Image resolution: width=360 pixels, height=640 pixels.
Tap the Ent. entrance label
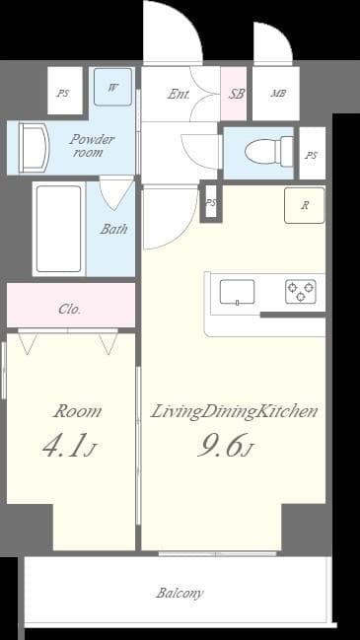[x=179, y=95]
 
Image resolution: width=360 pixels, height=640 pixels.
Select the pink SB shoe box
[x=236, y=95]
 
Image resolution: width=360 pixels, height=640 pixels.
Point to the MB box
[x=278, y=95]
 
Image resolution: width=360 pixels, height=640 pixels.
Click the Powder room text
[x=92, y=146]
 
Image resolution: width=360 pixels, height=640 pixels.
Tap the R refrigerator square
[x=305, y=206]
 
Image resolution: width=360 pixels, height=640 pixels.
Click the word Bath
[x=113, y=229]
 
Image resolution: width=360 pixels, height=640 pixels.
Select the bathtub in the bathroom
[x=58, y=229]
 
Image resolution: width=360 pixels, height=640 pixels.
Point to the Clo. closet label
[x=69, y=309]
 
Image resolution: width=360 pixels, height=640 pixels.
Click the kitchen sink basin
[x=237, y=292]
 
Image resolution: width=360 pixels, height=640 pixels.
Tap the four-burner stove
[x=301, y=291]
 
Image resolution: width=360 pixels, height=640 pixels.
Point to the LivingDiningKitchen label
[x=234, y=411]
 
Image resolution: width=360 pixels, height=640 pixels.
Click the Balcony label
[x=180, y=593]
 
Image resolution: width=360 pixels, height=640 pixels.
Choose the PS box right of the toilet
[x=312, y=156]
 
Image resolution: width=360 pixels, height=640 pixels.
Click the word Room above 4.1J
[x=77, y=411]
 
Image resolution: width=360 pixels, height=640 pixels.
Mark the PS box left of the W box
[x=64, y=94]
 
